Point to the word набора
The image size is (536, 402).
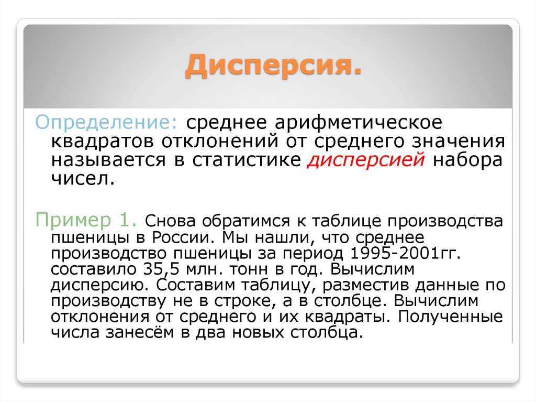[x=467, y=160]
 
